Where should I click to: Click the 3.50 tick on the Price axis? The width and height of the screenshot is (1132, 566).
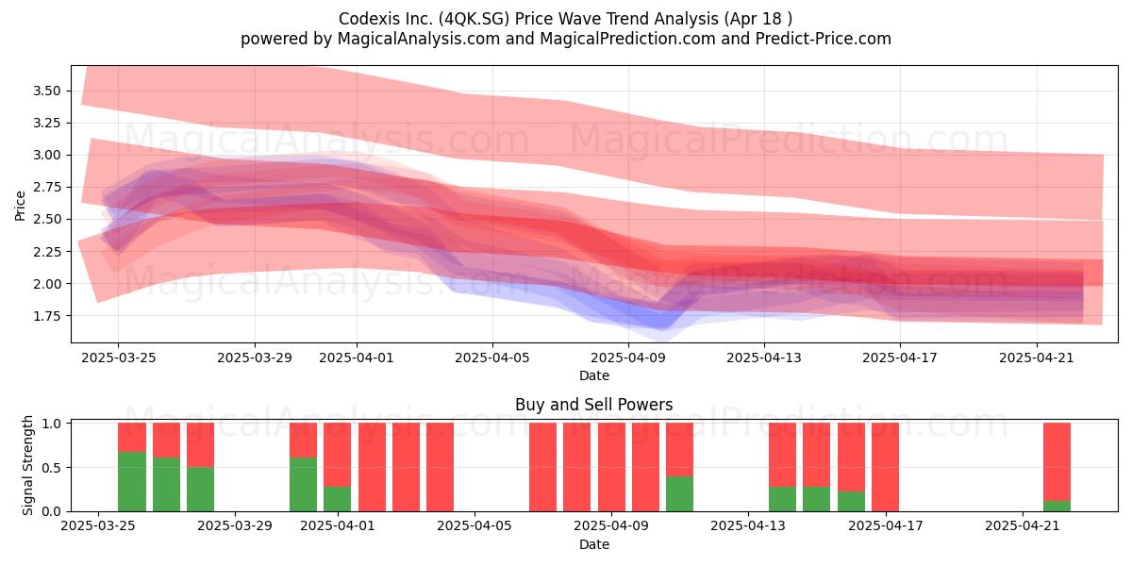(46, 91)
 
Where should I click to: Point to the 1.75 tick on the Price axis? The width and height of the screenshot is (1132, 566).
(46, 316)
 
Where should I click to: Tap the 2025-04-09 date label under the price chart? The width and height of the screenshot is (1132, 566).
(628, 358)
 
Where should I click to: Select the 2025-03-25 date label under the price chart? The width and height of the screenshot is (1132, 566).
(118, 358)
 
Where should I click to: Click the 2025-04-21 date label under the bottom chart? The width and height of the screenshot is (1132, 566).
(1023, 526)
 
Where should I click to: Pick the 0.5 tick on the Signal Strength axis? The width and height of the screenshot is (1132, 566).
(52, 468)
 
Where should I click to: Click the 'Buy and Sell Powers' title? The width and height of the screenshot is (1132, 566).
(593, 405)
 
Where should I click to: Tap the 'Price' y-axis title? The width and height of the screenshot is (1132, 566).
(20, 206)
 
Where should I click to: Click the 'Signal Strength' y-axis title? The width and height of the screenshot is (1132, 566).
(27, 465)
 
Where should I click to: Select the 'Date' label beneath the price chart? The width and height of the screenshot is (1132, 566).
(593, 375)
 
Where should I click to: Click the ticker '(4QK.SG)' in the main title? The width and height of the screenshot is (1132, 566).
(474, 19)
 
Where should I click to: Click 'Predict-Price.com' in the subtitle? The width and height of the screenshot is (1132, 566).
(824, 39)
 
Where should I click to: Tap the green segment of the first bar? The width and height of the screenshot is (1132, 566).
(132, 482)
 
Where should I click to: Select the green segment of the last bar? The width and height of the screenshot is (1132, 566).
(1057, 506)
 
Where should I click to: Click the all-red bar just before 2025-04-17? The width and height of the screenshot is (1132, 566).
(885, 467)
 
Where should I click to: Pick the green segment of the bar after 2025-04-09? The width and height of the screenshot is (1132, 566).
(679, 493)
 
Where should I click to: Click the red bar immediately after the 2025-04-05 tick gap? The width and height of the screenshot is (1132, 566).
(542, 467)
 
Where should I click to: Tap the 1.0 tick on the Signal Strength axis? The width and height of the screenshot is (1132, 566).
(52, 424)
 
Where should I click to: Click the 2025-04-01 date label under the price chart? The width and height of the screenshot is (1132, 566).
(357, 358)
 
